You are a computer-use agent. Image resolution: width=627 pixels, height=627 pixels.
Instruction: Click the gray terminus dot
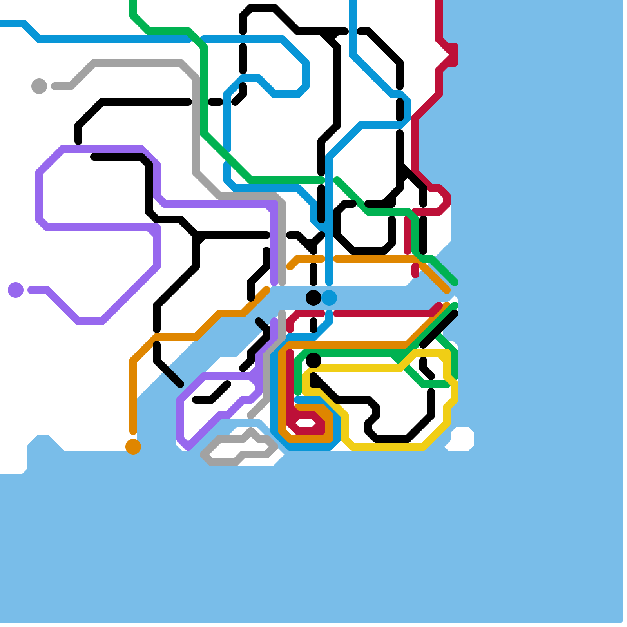click(x=39, y=86)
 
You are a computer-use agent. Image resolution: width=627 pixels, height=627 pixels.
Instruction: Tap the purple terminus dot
click(x=16, y=290)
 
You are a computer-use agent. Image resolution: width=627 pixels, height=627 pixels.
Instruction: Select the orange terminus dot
click(x=133, y=447)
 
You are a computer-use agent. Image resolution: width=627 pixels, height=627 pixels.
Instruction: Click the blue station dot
click(x=329, y=298)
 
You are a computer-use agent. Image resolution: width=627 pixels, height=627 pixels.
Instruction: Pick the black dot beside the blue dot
click(x=313, y=298)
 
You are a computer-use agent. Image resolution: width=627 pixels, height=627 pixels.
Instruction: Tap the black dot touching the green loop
click(x=313, y=361)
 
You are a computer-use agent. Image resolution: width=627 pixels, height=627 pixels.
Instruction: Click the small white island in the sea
click(x=462, y=439)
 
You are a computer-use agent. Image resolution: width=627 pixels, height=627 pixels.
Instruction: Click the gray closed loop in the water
click(x=240, y=449)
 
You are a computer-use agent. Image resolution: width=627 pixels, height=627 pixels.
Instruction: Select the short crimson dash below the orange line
click(x=415, y=270)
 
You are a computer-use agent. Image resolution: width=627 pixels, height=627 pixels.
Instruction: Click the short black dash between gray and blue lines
click(x=216, y=102)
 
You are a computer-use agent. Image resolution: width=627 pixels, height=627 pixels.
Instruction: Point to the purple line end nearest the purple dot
click(x=31, y=290)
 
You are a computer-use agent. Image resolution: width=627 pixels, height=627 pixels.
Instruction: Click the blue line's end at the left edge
click(x=2, y=24)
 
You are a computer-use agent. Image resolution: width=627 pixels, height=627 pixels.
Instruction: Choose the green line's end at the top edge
click(x=133, y=2)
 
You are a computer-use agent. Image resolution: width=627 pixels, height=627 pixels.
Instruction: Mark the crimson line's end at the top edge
click(x=439, y=2)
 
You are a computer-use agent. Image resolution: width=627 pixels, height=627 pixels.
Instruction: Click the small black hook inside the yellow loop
click(x=426, y=368)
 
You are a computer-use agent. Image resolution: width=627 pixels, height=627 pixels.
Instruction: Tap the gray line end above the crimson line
click(x=282, y=313)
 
